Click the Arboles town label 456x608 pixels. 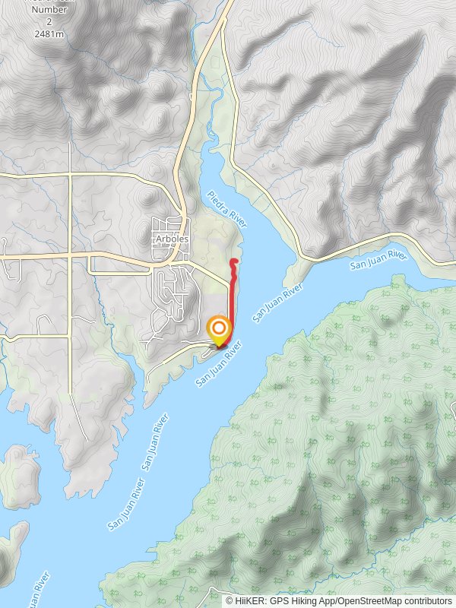171,238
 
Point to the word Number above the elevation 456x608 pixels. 48,11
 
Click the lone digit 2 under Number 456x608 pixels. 48,23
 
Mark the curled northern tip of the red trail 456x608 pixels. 233,261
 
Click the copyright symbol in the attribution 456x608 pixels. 230,600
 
